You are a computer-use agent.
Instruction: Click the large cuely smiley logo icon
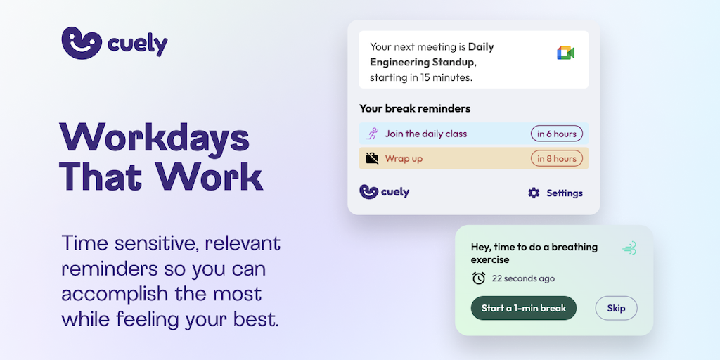(x=82, y=43)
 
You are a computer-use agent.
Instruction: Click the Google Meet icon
(x=566, y=53)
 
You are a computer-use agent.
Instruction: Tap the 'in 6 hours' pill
(x=557, y=134)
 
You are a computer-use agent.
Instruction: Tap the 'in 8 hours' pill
(x=557, y=158)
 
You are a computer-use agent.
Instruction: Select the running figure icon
(x=371, y=134)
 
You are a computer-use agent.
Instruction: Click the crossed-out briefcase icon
(x=372, y=158)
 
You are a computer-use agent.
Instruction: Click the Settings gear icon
(x=534, y=193)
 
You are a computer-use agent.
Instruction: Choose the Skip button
(x=616, y=308)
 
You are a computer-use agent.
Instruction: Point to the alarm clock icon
(x=479, y=278)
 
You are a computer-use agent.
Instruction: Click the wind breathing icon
(x=629, y=248)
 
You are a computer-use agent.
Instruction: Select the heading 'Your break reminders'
(x=415, y=109)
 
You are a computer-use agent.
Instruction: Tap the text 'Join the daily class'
(x=425, y=134)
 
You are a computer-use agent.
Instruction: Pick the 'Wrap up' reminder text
(x=404, y=159)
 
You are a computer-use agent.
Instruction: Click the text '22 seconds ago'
(x=523, y=278)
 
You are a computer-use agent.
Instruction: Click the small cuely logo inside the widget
(x=385, y=192)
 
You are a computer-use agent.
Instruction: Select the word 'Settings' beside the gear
(x=565, y=193)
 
